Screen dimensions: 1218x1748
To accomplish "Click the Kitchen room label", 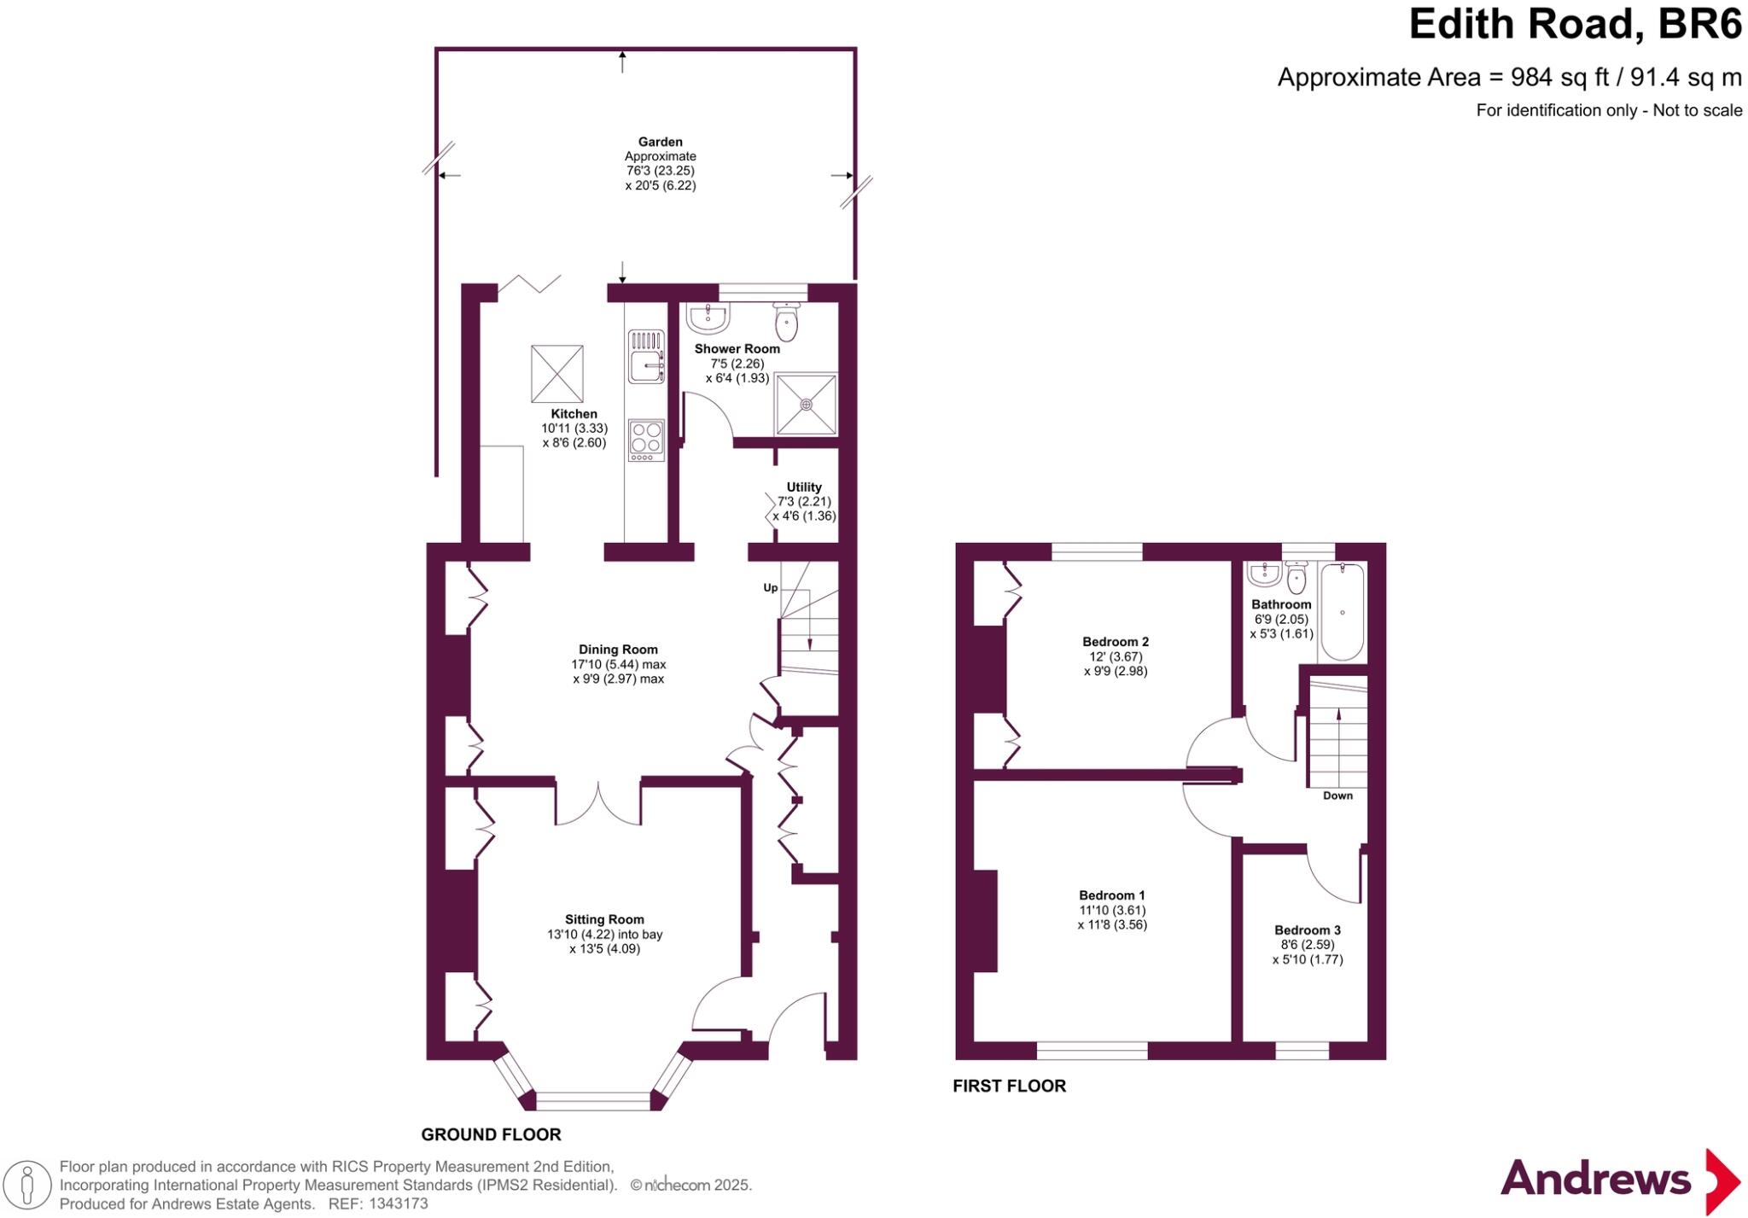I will [574, 414].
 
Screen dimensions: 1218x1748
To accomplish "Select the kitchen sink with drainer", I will [646, 358].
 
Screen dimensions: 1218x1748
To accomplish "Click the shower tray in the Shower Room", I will [806, 404].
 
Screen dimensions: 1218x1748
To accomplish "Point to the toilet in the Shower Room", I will [786, 322].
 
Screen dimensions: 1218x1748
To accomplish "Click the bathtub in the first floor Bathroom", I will [1343, 612].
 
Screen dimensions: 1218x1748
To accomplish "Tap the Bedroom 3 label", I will [1307, 930].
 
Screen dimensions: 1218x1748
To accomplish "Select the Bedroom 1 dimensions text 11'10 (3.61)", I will [1111, 910].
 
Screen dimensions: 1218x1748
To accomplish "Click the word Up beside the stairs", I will [770, 588].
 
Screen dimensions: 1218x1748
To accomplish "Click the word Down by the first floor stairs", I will [1337, 795].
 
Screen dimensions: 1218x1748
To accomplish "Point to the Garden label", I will [660, 142].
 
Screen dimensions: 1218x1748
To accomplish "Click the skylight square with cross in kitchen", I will [556, 373].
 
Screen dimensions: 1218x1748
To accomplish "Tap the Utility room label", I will [803, 487].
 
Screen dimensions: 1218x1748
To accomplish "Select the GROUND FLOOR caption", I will [491, 1134].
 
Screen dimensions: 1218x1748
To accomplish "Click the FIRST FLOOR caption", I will [1009, 1086].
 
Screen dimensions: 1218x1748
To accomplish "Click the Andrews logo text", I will [1594, 1180].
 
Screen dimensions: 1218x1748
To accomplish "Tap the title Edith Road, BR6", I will [1574, 24].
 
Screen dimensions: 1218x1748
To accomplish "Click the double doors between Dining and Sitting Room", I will [597, 803].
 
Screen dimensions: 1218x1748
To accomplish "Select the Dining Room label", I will [618, 650].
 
